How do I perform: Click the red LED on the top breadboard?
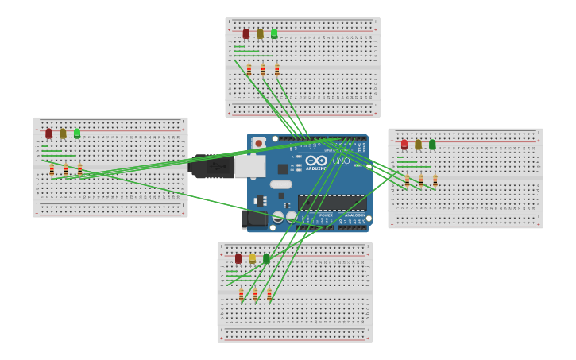click(246, 33)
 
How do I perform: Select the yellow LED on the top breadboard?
click(260, 33)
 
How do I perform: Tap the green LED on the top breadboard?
click(274, 33)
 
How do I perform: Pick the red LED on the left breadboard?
click(48, 134)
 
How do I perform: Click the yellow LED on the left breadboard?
click(63, 134)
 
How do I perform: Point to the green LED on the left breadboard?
click(77, 134)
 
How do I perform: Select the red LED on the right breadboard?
click(404, 145)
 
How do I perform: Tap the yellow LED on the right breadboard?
click(418, 145)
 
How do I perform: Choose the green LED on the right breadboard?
click(432, 145)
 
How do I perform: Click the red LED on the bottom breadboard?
click(238, 258)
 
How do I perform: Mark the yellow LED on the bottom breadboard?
click(253, 258)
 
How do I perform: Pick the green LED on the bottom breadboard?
click(266, 258)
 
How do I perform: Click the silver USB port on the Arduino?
click(249, 165)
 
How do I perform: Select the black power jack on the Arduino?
click(254, 218)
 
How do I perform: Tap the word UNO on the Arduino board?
click(341, 161)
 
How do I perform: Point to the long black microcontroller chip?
click(331, 203)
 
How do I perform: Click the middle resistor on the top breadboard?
click(263, 70)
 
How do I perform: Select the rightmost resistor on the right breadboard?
click(435, 180)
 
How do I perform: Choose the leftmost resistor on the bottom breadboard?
click(241, 295)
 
